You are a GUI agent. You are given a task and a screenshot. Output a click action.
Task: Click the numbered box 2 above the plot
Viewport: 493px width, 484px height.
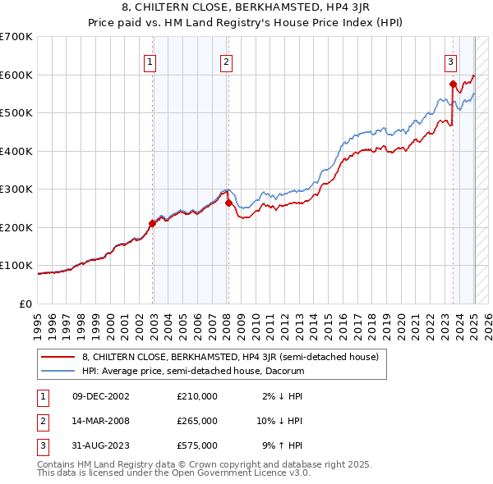pyautogui.click(x=226, y=60)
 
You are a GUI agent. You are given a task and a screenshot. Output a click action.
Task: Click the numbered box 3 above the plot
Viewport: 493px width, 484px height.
pyautogui.click(x=451, y=60)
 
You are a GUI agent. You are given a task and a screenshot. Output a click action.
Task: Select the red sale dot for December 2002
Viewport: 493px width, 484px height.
pyautogui.click(x=152, y=223)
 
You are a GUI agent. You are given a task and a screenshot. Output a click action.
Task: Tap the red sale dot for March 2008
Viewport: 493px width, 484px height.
pyautogui.click(x=228, y=203)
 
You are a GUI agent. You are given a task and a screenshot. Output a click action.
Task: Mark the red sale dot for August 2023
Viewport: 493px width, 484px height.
pyautogui.click(x=453, y=84)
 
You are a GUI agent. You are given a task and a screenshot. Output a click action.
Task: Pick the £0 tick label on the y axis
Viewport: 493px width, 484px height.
pyautogui.click(x=27, y=304)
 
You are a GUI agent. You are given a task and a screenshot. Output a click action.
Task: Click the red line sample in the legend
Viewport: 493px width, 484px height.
pyautogui.click(x=58, y=357)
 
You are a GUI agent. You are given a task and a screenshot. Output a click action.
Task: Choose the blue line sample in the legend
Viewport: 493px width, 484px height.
pyautogui.click(x=58, y=371)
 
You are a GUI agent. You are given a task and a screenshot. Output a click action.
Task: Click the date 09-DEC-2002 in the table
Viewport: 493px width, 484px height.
pyautogui.click(x=101, y=396)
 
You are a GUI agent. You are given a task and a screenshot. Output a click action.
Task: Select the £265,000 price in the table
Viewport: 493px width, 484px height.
pyautogui.click(x=197, y=421)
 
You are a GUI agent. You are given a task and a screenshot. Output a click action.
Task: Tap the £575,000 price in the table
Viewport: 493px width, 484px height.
pyautogui.click(x=197, y=445)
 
